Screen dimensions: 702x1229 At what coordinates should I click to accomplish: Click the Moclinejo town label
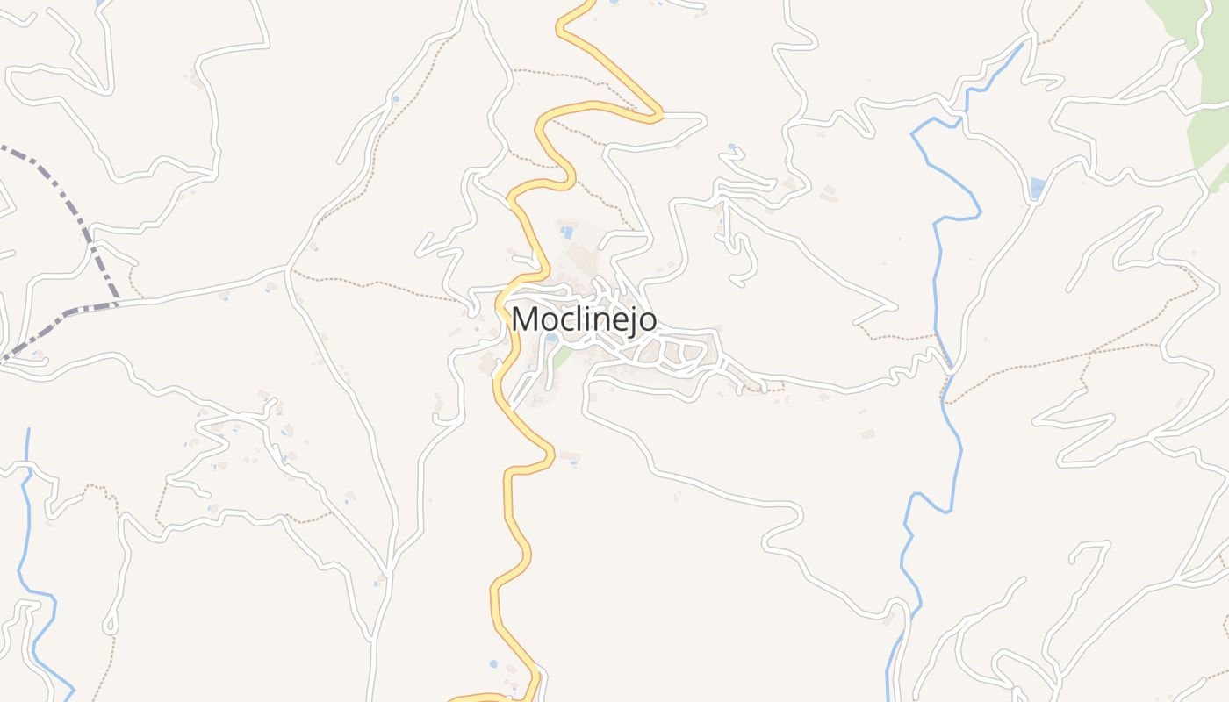pos(584,319)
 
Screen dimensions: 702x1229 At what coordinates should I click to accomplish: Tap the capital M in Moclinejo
pos(526,319)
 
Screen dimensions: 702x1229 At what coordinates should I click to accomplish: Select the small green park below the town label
pos(563,355)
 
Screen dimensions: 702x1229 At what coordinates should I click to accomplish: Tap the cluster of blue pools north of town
pos(567,232)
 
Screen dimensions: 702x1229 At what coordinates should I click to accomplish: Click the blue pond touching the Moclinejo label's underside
pos(550,338)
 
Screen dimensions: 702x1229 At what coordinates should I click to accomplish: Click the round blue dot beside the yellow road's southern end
pos(493,663)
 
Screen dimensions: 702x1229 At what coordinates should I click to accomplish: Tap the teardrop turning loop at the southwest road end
pos(110,626)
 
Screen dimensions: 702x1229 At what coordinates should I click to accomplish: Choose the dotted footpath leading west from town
pos(377,283)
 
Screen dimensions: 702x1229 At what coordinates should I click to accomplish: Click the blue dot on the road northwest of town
pos(395,98)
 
